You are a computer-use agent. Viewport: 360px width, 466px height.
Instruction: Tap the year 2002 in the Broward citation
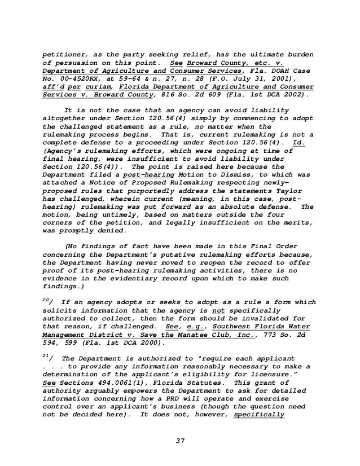tap(293, 96)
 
